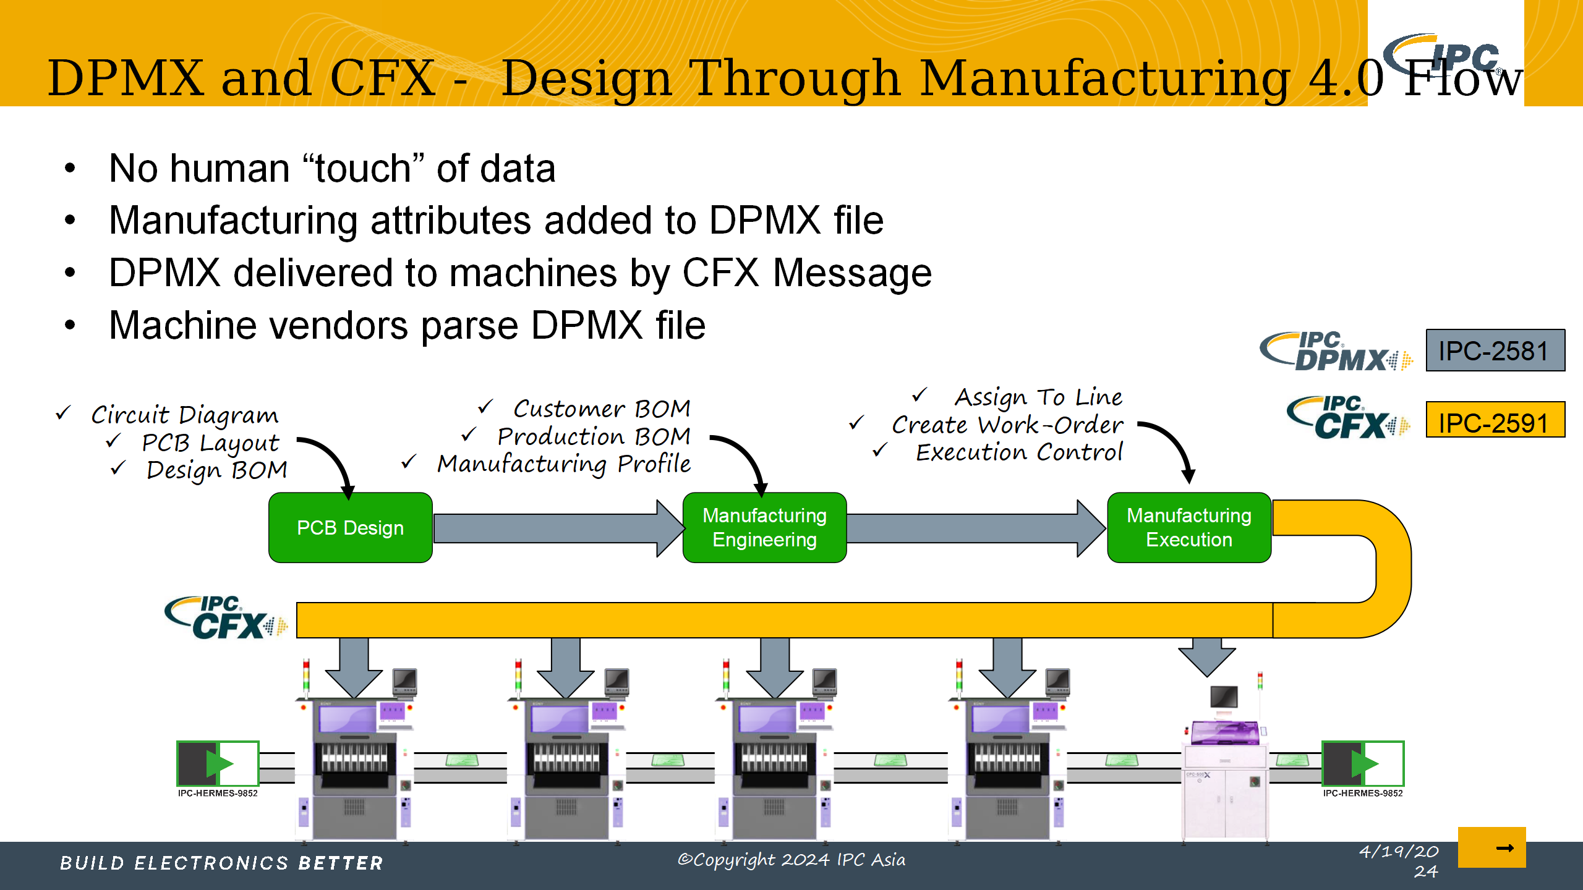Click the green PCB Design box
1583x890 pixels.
(350, 527)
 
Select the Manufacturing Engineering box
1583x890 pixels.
(764, 527)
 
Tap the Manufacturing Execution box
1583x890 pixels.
(1188, 527)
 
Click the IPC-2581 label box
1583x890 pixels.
(1495, 350)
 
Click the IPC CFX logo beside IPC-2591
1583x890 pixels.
(1348, 418)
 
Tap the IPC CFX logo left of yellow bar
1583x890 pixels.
(226, 618)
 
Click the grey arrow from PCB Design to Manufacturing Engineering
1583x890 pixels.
(557, 528)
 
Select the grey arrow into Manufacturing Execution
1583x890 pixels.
(975, 528)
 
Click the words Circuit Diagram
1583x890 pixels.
(184, 415)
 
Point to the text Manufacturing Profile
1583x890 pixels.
(563, 464)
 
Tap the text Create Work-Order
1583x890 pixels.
(1007, 425)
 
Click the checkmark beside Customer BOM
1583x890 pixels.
(485, 407)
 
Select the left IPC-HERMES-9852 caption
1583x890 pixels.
(218, 793)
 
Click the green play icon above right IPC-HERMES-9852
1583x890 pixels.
(1363, 764)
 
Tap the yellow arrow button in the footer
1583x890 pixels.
(1491, 847)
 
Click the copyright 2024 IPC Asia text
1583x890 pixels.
(791, 860)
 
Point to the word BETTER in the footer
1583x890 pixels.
(341, 863)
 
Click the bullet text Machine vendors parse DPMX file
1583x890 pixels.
(407, 325)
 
